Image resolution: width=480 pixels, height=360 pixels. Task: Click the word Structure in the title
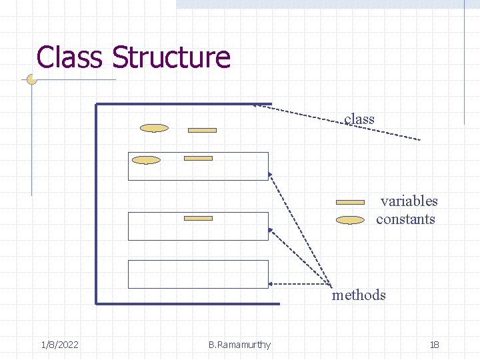point(171,57)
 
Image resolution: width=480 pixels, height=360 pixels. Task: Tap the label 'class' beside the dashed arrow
point(359,119)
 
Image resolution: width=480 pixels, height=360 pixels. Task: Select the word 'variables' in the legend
point(409,201)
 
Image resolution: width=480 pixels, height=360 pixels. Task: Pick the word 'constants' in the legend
point(405,219)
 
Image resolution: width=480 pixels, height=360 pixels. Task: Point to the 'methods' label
point(359,295)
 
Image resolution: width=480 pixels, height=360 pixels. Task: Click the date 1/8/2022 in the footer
point(59,345)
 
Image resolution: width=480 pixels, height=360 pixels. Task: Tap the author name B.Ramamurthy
point(239,345)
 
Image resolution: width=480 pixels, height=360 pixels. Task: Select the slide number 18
point(434,345)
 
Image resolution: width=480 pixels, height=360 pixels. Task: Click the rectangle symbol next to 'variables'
point(350,201)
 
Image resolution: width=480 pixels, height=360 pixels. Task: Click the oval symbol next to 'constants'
point(350,219)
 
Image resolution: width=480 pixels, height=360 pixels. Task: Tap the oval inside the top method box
point(147,160)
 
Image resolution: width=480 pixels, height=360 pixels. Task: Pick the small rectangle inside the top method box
point(198,158)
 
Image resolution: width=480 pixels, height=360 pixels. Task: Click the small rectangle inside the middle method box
point(198,218)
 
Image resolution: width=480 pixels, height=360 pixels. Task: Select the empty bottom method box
point(198,274)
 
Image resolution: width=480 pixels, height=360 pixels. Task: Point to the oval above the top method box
point(154,128)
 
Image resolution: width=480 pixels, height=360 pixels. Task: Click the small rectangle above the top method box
point(202,130)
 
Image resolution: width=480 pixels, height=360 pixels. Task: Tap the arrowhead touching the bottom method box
point(271,283)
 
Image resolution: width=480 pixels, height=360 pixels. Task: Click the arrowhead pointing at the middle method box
point(271,230)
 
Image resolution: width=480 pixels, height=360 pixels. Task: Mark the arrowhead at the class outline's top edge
point(257,105)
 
